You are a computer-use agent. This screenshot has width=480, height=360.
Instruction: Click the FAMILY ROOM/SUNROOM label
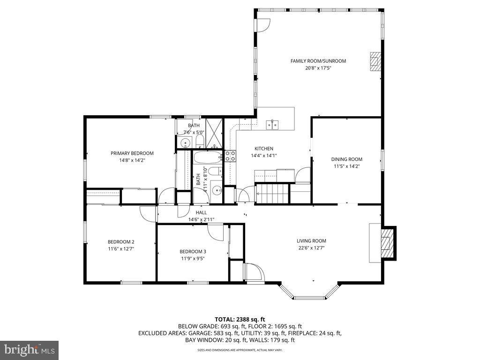(318, 61)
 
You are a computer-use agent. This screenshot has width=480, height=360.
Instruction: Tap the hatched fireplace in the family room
(375, 61)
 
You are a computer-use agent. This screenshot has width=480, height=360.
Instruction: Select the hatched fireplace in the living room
(387, 242)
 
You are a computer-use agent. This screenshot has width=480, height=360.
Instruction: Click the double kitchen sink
(273, 124)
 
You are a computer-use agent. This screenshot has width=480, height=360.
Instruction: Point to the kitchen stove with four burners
(230, 156)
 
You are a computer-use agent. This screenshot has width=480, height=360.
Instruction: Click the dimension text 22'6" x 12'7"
(311, 248)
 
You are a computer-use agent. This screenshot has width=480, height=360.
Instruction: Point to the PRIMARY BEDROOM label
(132, 153)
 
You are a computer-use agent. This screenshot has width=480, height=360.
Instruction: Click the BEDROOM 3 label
(193, 251)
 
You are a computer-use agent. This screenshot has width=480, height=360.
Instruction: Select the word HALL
(201, 212)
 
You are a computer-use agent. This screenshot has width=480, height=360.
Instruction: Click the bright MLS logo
(29, 350)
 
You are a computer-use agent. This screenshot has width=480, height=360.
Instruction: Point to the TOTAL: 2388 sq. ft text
(240, 319)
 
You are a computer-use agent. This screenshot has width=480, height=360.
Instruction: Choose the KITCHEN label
(263, 149)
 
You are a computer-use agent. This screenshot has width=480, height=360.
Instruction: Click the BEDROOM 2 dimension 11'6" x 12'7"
(120, 249)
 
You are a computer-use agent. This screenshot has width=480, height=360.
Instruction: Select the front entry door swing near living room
(255, 272)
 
